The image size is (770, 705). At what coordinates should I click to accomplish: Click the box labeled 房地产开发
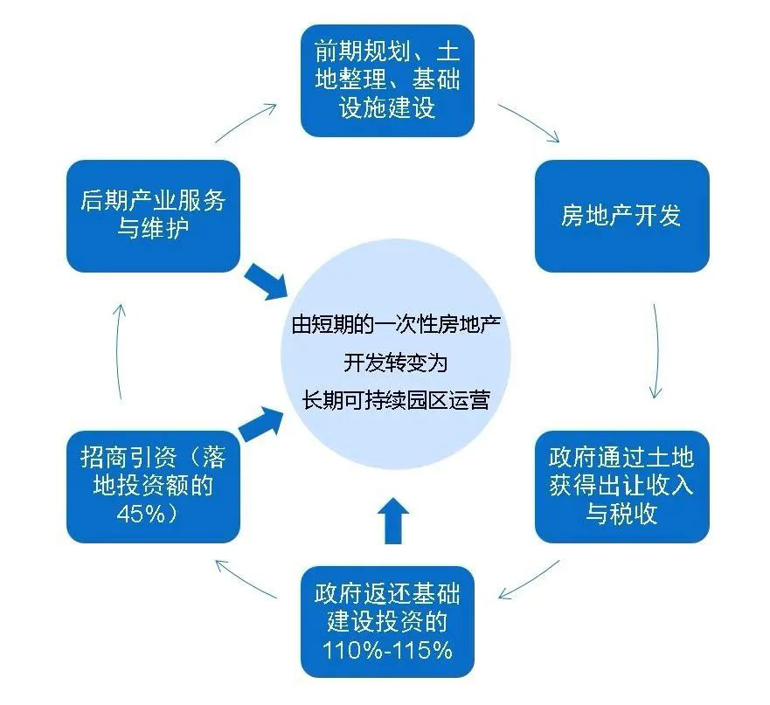(621, 216)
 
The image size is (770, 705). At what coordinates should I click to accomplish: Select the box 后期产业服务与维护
(153, 215)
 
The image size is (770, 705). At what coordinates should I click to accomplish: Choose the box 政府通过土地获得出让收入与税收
(621, 485)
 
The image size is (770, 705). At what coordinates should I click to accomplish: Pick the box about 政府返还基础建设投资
(387, 623)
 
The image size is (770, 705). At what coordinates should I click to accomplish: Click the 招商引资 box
(153, 486)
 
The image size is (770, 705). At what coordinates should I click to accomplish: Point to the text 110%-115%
(387, 650)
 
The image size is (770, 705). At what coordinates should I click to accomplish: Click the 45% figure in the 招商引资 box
(147, 514)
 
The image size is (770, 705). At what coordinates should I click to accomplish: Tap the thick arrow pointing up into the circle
(393, 522)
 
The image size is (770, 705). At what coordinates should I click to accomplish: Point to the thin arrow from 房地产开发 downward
(656, 349)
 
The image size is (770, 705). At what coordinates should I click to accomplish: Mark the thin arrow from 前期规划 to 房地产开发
(529, 122)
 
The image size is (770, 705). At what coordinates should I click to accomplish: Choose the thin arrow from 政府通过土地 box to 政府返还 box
(529, 581)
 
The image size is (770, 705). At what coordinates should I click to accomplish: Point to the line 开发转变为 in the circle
(395, 363)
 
